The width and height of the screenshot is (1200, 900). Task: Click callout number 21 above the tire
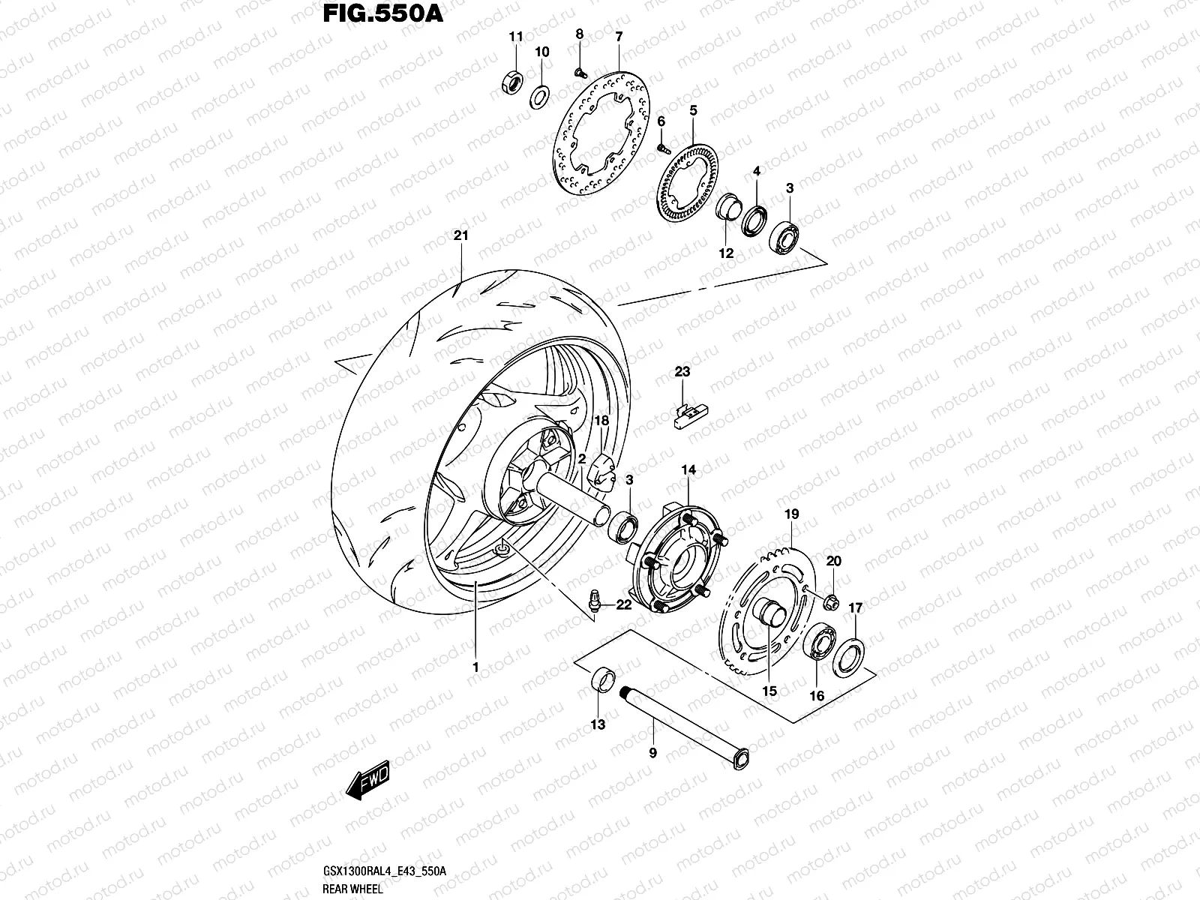click(x=460, y=235)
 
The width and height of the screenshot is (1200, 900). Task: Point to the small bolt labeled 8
click(x=580, y=72)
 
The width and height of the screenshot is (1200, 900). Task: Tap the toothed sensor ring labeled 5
click(x=687, y=184)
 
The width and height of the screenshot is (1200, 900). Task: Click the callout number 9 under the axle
click(x=652, y=752)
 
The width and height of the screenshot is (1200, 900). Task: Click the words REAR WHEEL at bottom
click(x=353, y=889)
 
